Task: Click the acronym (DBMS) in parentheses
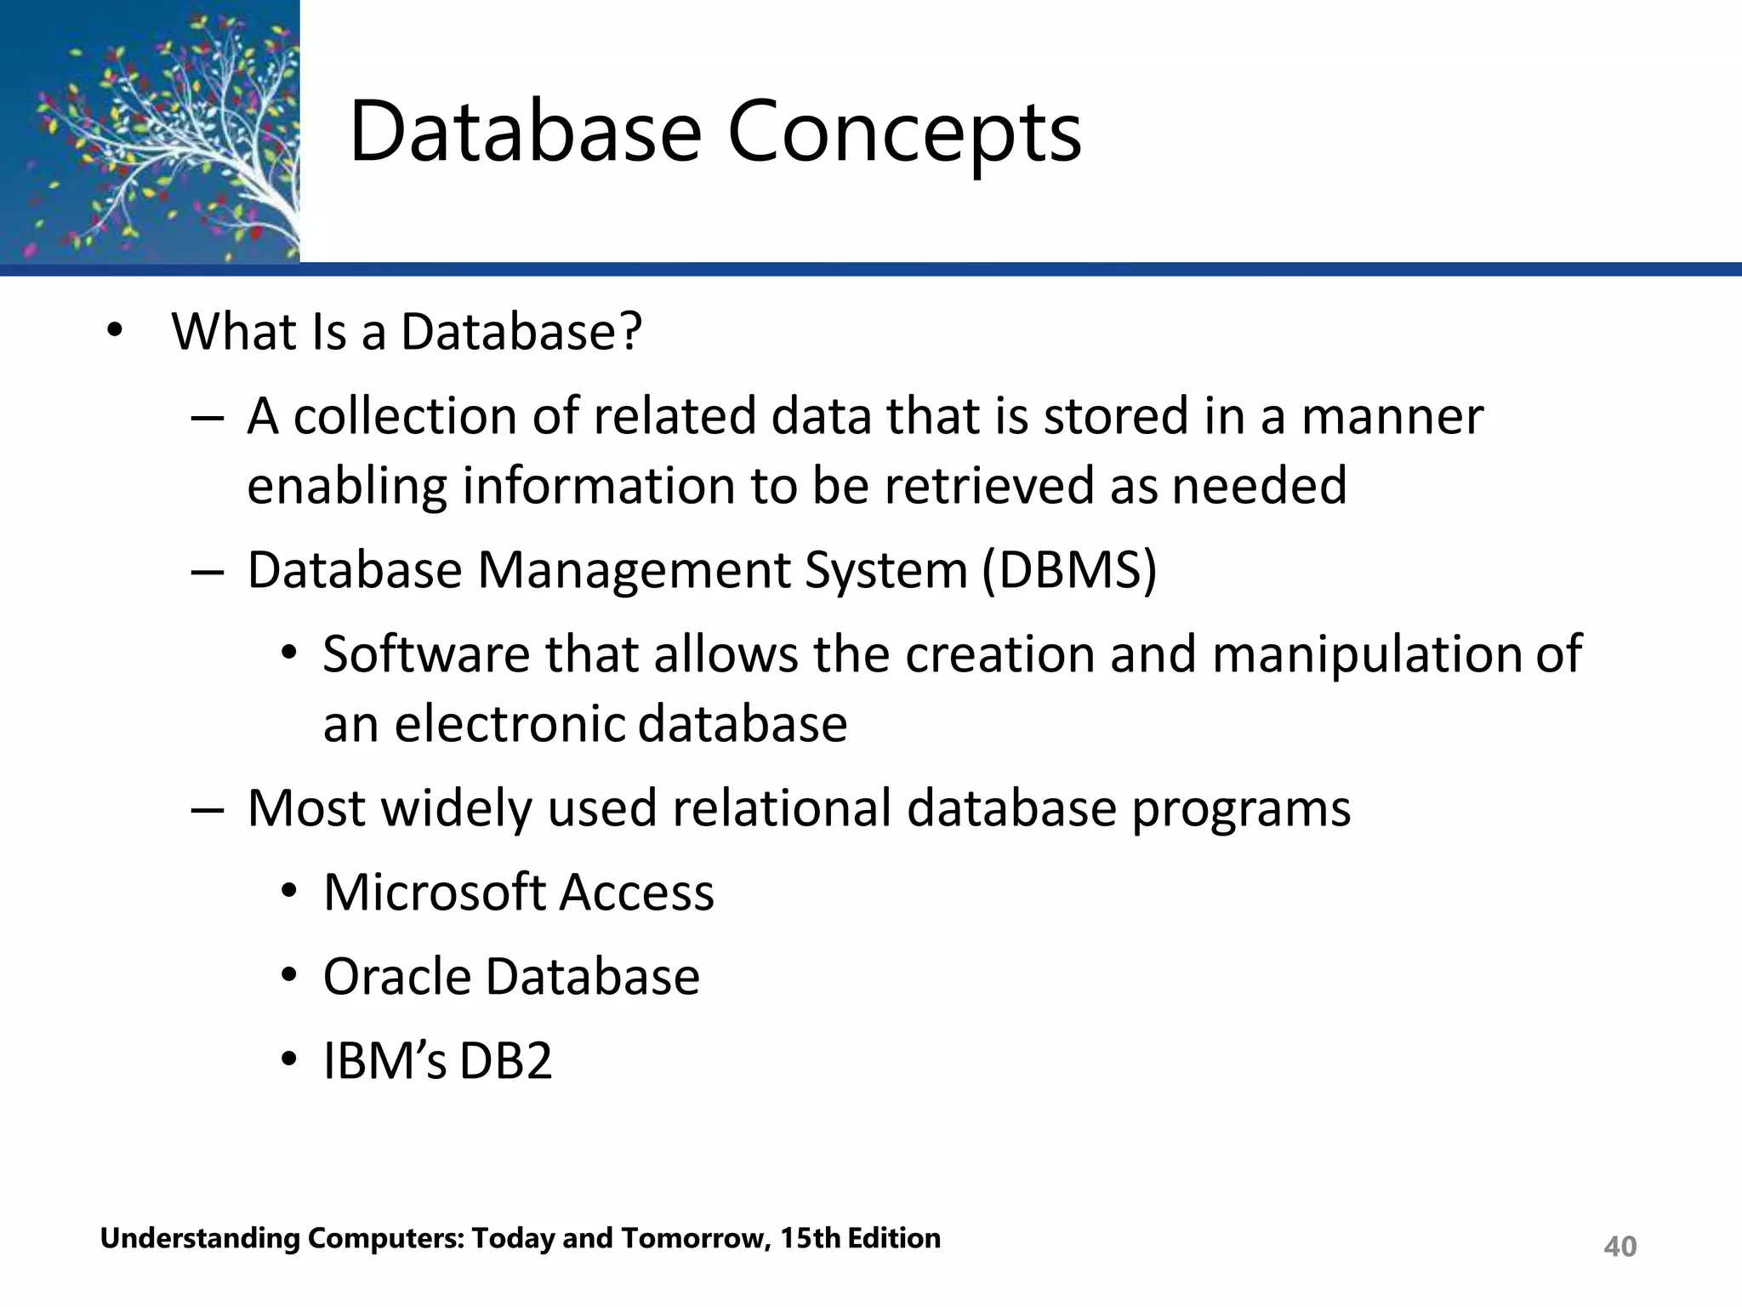[x=1069, y=569]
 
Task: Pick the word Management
[x=634, y=571]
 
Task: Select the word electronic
[x=510, y=724]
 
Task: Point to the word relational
[x=782, y=808]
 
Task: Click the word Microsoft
[x=434, y=893]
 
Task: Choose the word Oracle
[x=396, y=976]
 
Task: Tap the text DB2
[x=506, y=1061]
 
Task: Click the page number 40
[x=1620, y=1247]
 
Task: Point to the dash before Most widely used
[x=207, y=809]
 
